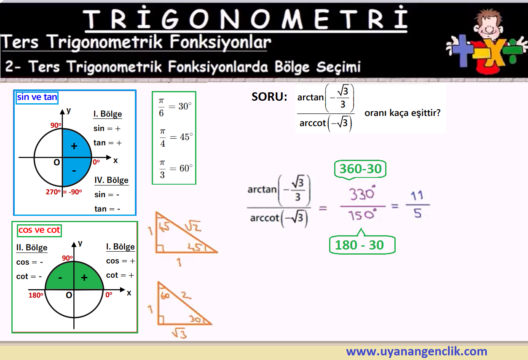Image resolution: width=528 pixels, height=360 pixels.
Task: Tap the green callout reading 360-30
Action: coord(360,169)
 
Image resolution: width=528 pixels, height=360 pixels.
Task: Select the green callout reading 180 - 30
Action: coord(362,245)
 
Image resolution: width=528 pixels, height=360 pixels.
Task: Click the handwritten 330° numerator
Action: coord(362,193)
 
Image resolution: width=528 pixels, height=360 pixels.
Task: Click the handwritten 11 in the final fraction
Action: coord(417,196)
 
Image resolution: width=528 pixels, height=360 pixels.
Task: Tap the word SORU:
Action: coord(269,97)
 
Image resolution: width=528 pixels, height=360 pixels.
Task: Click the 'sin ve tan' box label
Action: coord(37,97)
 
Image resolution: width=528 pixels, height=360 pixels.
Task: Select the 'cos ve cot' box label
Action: coord(39,230)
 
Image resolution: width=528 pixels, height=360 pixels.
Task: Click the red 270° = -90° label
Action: coord(64,192)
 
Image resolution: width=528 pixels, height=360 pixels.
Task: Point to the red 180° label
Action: coord(36,295)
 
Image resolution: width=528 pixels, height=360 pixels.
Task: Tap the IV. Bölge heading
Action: coord(112,180)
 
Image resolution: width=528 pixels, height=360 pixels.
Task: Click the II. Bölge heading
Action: coord(32,248)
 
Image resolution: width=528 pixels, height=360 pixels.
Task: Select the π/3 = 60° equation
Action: coord(176,169)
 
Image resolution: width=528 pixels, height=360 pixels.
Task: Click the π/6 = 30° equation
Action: coord(175,107)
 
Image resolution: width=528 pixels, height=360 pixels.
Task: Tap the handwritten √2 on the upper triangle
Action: coord(193,226)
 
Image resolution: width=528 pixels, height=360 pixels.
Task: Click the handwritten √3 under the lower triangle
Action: coord(180,333)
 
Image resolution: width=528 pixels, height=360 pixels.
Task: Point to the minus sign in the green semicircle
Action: coord(60,278)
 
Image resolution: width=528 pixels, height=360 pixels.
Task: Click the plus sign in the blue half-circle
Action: coord(74,146)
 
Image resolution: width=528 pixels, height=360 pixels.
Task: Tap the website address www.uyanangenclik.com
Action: coord(416,351)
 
